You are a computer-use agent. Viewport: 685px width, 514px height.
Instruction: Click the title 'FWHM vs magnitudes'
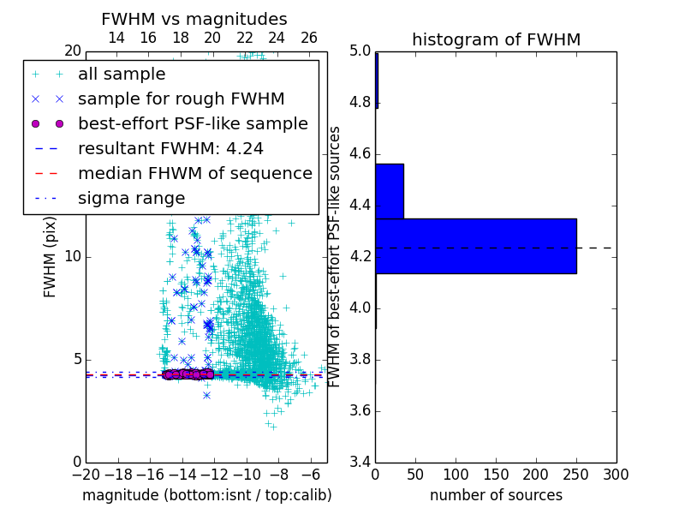tap(194, 19)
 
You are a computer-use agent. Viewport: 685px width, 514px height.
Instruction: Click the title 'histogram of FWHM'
tap(496, 39)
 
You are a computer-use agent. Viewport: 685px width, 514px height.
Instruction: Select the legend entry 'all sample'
tap(122, 75)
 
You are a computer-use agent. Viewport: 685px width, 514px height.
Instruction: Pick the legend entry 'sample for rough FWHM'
tap(181, 99)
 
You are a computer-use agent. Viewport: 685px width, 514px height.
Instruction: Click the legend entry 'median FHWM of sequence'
tap(194, 173)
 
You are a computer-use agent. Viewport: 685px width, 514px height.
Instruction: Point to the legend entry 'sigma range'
tap(131, 198)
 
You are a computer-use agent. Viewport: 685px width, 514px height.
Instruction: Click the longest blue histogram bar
tap(475, 246)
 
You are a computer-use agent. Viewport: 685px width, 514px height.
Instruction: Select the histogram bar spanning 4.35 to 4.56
tap(390, 191)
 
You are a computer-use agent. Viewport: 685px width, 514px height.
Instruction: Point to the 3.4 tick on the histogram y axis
tap(360, 462)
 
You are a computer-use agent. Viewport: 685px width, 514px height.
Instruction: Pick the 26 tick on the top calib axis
tap(309, 38)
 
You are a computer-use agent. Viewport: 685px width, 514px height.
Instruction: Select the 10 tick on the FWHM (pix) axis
tap(72, 256)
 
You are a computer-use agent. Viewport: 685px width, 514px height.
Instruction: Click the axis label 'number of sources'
tap(496, 495)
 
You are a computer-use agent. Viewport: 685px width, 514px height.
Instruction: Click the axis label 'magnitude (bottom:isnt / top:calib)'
tap(206, 495)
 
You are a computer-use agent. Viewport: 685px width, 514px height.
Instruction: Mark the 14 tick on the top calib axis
tap(116, 38)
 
